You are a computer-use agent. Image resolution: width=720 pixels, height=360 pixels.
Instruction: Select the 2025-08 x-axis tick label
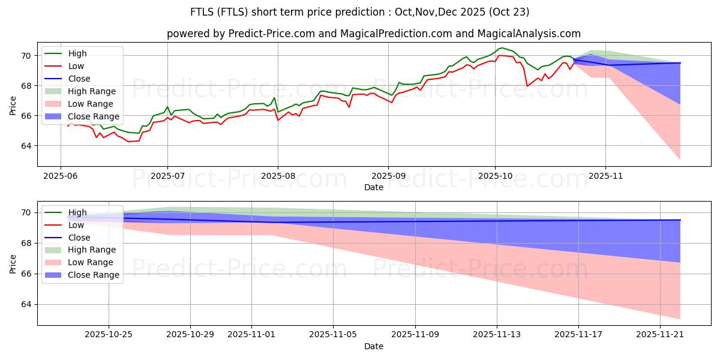(278, 176)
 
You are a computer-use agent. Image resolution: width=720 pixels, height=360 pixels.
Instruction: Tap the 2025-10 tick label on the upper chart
(495, 176)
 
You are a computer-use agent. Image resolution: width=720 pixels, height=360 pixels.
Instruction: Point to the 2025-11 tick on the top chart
(605, 176)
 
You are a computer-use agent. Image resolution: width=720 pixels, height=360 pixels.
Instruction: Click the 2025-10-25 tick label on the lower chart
(109, 335)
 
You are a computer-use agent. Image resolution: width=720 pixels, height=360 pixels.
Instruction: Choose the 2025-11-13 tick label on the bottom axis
(497, 335)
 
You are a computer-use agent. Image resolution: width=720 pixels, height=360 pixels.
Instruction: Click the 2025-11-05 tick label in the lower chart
(334, 335)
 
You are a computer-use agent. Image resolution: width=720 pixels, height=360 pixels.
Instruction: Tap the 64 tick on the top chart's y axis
(28, 146)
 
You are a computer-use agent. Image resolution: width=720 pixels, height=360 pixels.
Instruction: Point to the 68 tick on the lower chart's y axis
(28, 243)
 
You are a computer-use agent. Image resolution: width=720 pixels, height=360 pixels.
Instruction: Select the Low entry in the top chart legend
(77, 66)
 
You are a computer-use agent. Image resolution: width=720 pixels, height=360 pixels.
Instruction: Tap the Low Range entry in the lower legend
(91, 262)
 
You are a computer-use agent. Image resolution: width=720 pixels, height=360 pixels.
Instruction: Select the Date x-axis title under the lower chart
(374, 346)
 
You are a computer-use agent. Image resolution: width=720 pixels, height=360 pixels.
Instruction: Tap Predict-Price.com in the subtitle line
(272, 34)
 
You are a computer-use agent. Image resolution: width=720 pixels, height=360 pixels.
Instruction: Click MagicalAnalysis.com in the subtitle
(534, 34)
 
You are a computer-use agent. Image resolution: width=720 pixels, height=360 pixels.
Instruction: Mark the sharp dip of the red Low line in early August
(278, 120)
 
